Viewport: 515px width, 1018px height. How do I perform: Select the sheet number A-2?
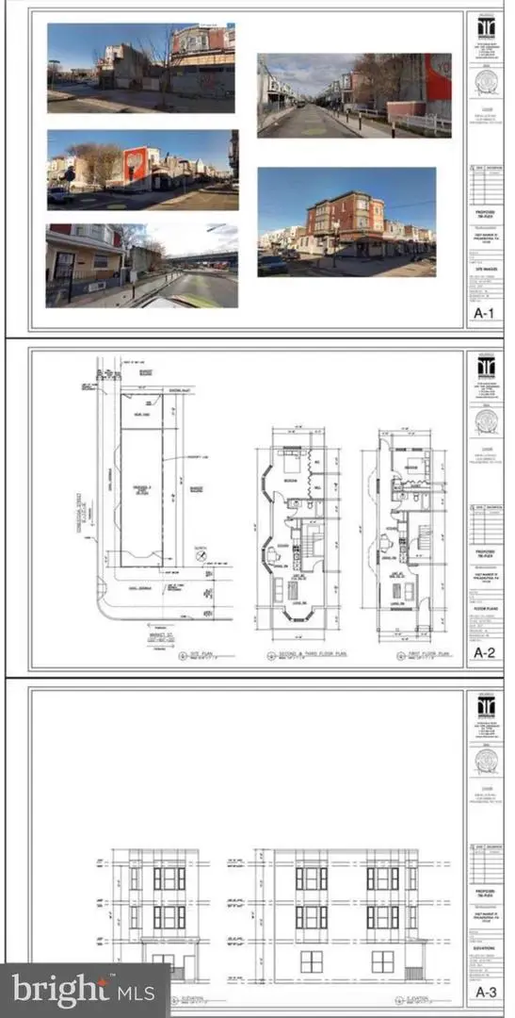point(485,651)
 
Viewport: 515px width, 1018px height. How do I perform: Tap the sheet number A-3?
point(485,991)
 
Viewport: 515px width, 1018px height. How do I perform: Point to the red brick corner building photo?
point(346,222)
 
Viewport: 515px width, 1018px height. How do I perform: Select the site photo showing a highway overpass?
point(142,265)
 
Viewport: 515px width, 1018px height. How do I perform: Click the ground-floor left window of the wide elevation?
point(311,961)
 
